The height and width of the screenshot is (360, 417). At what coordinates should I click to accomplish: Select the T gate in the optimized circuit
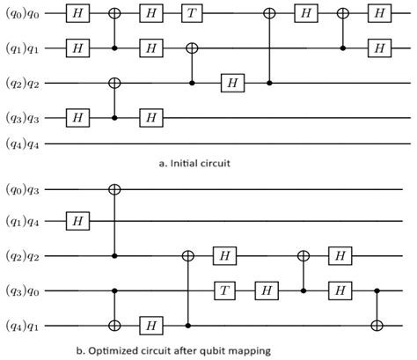(x=226, y=290)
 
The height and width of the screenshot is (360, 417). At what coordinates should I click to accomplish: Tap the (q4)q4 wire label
(x=24, y=143)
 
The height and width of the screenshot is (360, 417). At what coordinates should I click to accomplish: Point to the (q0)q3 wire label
(x=24, y=189)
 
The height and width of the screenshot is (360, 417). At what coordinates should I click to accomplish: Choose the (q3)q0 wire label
(x=24, y=290)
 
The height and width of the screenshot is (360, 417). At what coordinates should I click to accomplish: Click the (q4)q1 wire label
(x=24, y=325)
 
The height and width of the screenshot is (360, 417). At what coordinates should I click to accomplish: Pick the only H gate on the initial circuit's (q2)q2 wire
(x=231, y=82)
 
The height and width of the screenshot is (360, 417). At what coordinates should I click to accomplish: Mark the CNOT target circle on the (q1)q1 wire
(x=191, y=48)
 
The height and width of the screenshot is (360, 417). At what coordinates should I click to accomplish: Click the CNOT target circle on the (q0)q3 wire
(x=114, y=189)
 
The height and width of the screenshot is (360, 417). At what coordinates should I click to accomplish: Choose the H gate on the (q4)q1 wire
(x=152, y=325)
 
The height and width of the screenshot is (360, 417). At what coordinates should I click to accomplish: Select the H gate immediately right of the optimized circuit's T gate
(x=264, y=290)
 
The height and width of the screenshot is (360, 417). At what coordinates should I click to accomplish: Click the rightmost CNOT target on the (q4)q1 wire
(x=377, y=325)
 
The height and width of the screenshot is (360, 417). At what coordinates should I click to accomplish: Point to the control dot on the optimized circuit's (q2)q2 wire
(x=114, y=256)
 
